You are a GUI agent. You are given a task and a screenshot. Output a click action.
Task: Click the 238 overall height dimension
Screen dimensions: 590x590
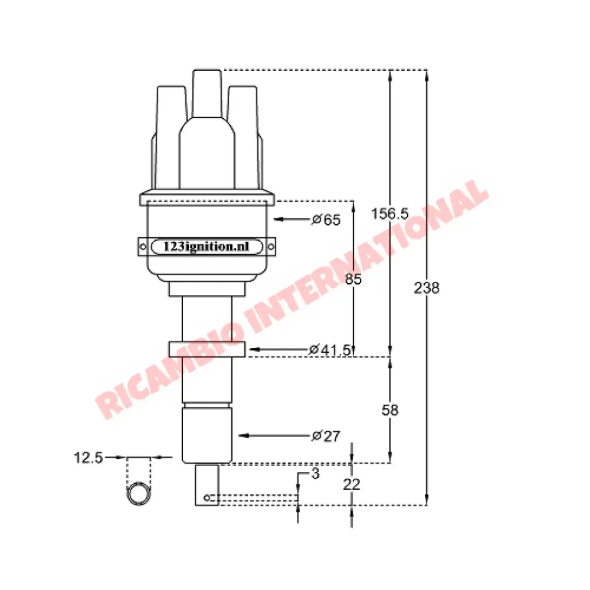[427, 289]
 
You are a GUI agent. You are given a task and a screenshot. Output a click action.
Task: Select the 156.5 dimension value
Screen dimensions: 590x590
[389, 214]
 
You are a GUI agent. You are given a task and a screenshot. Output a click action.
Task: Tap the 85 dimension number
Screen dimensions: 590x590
[353, 279]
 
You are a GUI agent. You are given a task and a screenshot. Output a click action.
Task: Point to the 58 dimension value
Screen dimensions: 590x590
[390, 410]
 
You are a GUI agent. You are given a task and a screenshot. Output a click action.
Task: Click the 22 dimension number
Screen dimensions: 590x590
[352, 484]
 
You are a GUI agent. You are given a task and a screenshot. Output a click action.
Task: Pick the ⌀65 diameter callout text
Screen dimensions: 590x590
[326, 220]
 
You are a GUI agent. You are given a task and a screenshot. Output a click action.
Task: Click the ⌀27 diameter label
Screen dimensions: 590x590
[326, 436]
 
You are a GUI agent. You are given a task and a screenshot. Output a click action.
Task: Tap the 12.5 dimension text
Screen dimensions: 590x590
[88, 457]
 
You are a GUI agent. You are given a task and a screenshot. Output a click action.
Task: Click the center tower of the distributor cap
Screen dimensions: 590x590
[206, 94]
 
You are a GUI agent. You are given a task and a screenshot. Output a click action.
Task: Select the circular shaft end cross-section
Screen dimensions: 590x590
[139, 494]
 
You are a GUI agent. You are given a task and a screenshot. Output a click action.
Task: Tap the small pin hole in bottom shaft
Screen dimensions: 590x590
[206, 499]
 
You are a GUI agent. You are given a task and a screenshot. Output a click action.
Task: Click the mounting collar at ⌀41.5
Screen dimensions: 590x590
[206, 349]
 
